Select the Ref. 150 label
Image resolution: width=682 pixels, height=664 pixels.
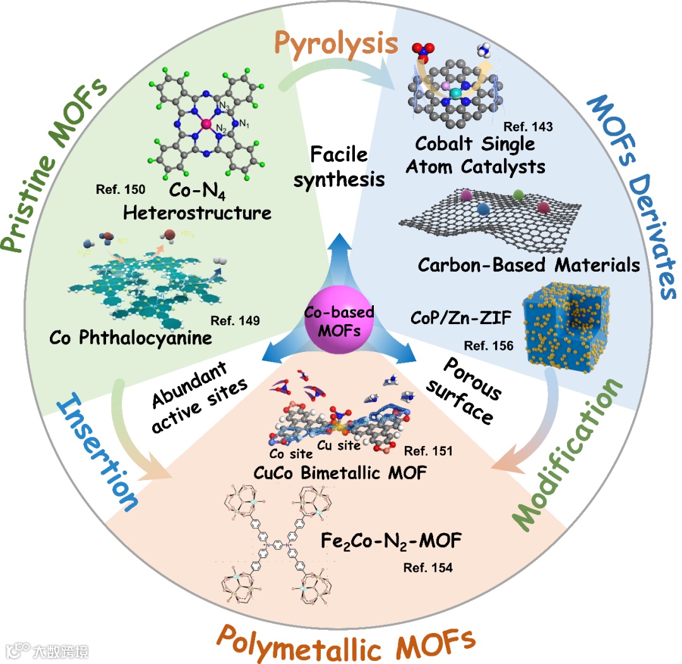[121, 189]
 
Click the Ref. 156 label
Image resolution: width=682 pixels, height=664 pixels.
[487, 346]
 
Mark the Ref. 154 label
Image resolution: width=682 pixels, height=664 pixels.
[428, 568]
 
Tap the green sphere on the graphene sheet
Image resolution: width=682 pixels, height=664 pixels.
[518, 195]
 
